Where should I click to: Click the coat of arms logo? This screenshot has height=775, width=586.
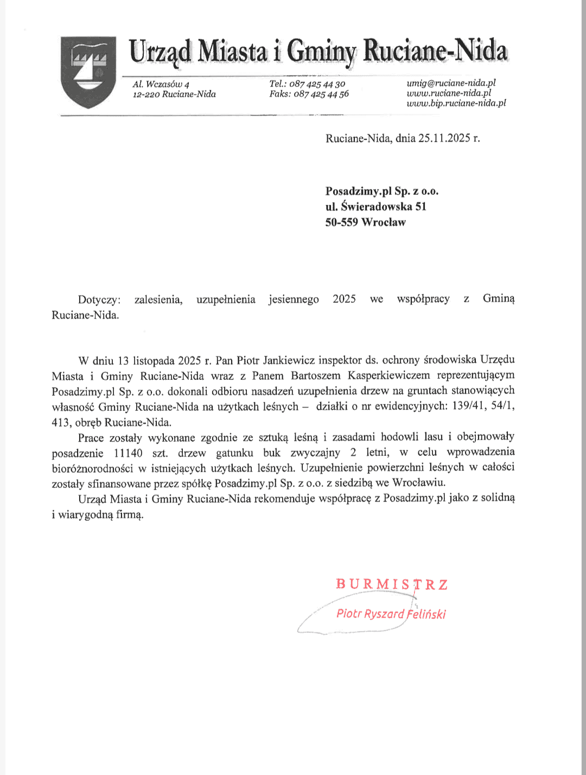coord(88,72)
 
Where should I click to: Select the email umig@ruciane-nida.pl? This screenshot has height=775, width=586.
coord(451,83)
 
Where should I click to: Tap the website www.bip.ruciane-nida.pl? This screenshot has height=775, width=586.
coord(456,103)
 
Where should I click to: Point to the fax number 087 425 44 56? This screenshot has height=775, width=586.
coord(321,94)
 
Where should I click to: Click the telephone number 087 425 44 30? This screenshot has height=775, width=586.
coord(317,84)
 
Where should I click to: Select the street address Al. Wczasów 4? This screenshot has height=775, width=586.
coord(161,84)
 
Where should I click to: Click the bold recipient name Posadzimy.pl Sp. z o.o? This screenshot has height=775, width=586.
coord(381,191)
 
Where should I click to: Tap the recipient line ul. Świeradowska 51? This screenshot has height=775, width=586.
coord(375,206)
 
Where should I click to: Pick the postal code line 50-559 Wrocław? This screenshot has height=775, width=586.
coord(365,222)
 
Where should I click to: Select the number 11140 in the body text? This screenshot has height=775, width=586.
coord(128,453)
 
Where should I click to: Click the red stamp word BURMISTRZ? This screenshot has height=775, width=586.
coord(392,585)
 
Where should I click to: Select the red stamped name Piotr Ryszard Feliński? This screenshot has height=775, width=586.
coord(391,614)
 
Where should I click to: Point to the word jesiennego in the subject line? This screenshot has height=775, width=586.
coord(294,300)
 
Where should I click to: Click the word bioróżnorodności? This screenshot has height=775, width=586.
coord(92,468)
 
